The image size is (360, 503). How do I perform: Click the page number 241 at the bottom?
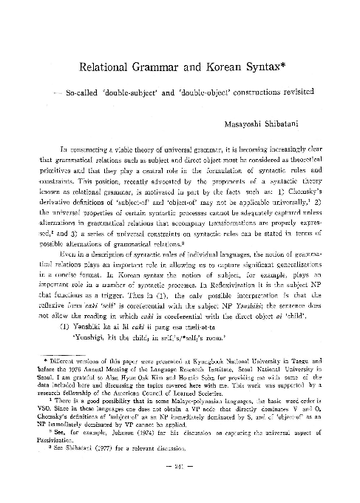coord(180,487)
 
